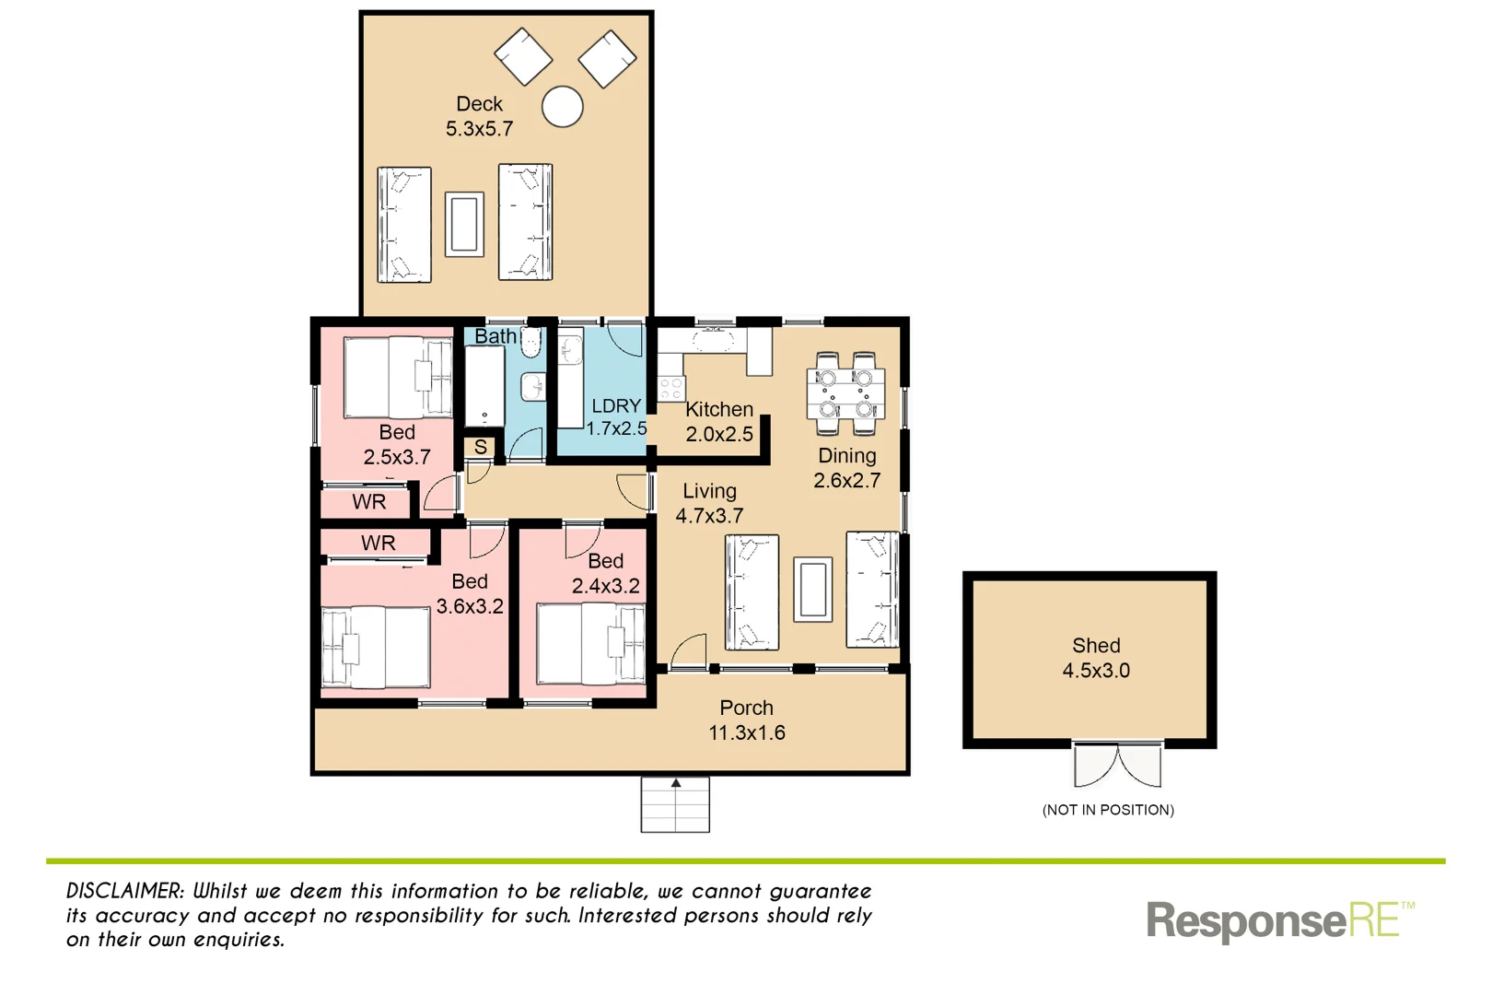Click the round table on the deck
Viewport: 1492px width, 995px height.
[x=562, y=107]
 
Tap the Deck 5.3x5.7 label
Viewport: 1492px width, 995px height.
[x=479, y=117]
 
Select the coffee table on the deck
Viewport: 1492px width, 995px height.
[x=464, y=224]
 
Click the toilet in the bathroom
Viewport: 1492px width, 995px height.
[x=531, y=343]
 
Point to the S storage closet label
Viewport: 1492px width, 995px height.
[x=480, y=448]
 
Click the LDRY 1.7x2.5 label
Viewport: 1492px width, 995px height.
[x=616, y=417]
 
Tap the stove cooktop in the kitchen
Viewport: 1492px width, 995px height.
[x=670, y=388]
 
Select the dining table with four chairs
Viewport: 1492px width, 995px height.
[x=845, y=393]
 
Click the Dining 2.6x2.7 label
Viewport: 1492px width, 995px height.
[x=846, y=468]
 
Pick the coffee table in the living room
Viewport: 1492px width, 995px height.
[x=812, y=589]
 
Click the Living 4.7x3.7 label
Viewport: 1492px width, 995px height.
[x=709, y=504]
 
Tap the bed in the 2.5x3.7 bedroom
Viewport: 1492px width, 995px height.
[x=397, y=378]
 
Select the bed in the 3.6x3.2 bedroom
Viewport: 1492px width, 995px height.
[x=375, y=647]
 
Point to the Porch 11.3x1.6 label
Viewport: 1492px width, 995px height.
[x=746, y=720]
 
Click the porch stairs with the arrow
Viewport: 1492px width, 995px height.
[x=675, y=805]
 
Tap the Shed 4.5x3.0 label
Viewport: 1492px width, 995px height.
[x=1095, y=658]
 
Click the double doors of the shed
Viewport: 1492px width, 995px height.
[x=1117, y=765]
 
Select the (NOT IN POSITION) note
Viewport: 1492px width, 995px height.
[x=1108, y=810]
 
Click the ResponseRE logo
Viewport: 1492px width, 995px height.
[x=1278, y=920]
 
